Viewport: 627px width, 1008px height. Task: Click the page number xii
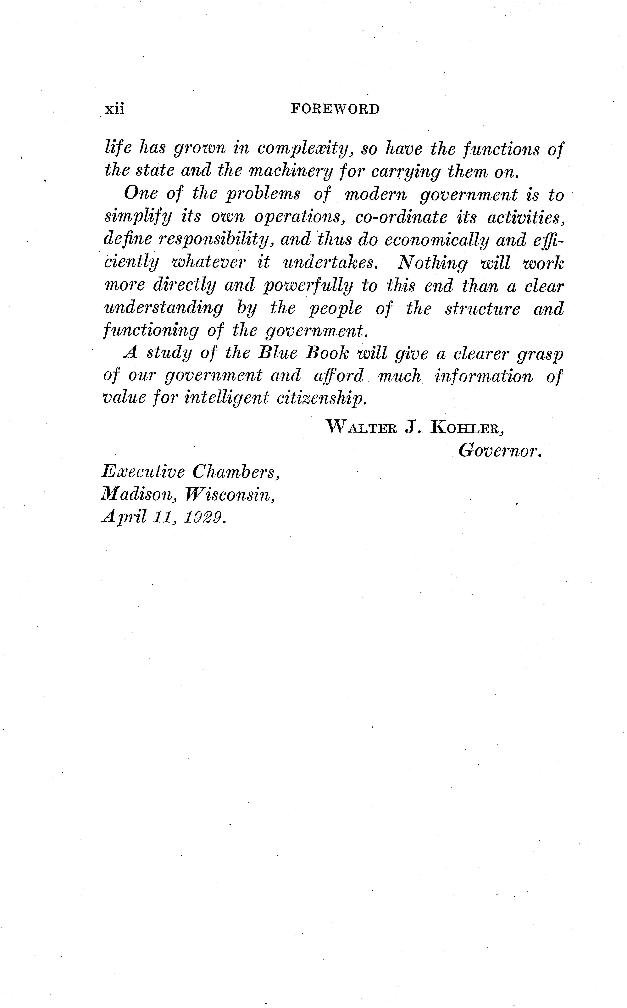(114, 109)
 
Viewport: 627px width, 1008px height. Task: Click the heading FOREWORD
(335, 109)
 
